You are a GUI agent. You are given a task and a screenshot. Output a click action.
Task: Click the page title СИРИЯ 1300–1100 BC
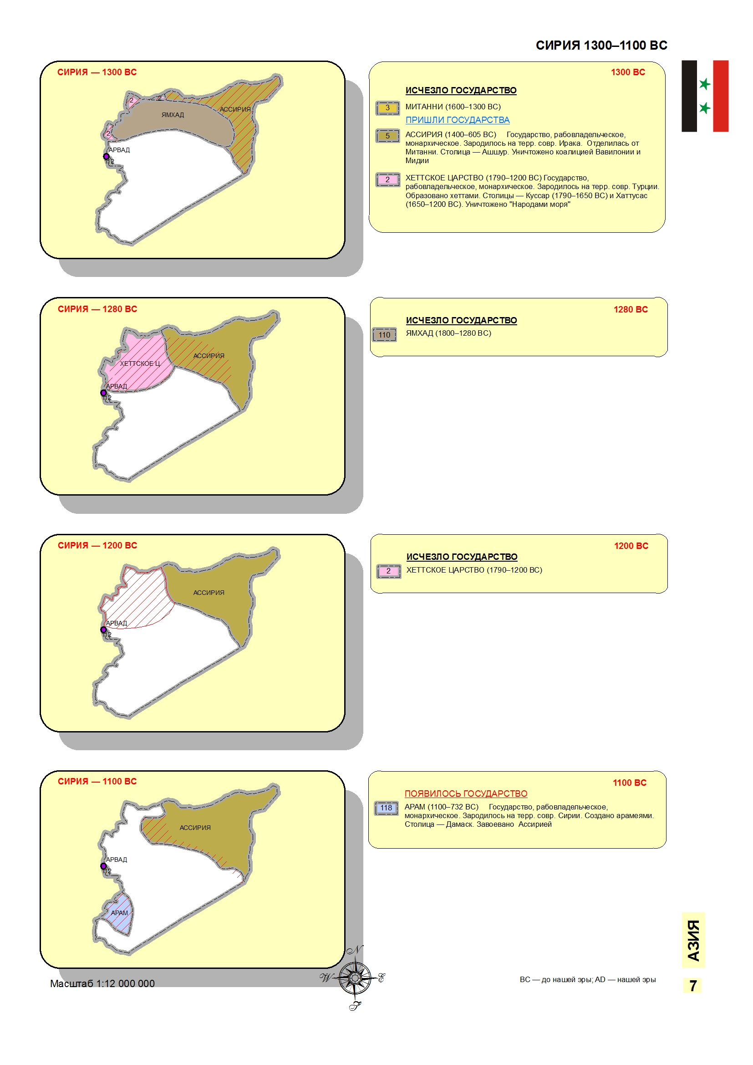[601, 46]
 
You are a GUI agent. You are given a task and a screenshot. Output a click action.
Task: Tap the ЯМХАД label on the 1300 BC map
[173, 115]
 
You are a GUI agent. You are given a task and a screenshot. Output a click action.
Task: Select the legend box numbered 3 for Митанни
[387, 108]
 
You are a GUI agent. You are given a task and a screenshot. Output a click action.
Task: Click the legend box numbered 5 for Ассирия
[387, 136]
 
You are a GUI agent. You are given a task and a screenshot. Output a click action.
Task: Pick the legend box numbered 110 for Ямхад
[384, 335]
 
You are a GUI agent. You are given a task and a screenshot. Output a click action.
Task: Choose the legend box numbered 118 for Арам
[386, 808]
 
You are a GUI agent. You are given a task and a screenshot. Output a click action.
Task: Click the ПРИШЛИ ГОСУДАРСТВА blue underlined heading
[457, 120]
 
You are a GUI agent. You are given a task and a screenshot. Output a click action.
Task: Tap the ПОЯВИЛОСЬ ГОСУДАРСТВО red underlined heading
[466, 794]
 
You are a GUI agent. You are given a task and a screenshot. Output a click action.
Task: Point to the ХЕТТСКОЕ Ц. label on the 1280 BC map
[140, 364]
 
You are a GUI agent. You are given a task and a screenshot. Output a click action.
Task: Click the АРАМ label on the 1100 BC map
[119, 913]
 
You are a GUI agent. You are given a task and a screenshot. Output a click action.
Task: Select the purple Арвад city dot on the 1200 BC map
[103, 630]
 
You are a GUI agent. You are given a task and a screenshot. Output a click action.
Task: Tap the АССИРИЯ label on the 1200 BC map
[209, 593]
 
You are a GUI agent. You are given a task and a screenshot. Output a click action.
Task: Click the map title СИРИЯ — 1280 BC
[97, 309]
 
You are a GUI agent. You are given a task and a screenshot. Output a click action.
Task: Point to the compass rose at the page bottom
[355, 978]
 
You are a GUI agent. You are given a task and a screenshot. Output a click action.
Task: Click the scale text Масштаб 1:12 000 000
[102, 983]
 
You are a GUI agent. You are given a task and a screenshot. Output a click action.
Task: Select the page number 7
[693, 986]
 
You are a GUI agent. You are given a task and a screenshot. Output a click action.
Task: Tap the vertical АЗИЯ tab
[693, 941]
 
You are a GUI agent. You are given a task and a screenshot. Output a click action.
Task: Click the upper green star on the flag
[705, 84]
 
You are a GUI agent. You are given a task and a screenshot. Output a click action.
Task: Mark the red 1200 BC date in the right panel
[631, 546]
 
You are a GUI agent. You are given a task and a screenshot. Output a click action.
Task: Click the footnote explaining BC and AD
[587, 980]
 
